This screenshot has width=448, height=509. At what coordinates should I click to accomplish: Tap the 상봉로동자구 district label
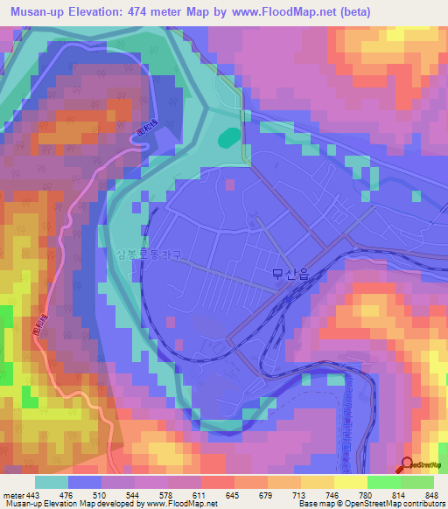[148, 255]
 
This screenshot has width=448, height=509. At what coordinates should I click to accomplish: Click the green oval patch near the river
[228, 136]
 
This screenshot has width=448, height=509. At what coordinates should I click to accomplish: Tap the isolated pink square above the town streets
[230, 185]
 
